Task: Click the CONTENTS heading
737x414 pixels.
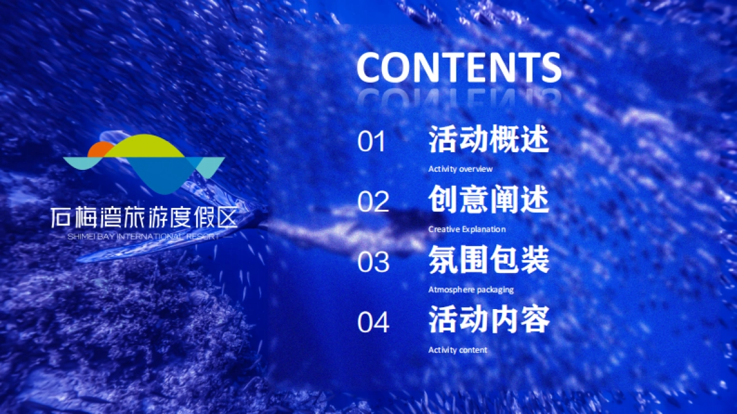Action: point(458,67)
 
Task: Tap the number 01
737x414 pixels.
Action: point(372,142)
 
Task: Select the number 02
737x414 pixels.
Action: point(373,202)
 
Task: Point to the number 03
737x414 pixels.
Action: point(373,262)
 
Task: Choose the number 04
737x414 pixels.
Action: point(373,322)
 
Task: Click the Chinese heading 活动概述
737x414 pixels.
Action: point(488,140)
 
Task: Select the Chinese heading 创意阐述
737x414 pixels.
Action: point(488,200)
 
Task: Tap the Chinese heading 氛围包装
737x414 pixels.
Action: point(488,260)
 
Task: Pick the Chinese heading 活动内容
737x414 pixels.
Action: point(488,320)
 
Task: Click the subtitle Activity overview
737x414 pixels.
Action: point(460,169)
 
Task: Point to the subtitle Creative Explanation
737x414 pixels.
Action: point(467,229)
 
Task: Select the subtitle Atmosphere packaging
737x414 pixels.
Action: point(470,289)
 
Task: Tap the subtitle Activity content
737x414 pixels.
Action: point(458,350)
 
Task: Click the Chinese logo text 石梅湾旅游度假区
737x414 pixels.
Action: point(144,218)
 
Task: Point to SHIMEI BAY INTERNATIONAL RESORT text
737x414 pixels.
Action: point(144,236)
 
